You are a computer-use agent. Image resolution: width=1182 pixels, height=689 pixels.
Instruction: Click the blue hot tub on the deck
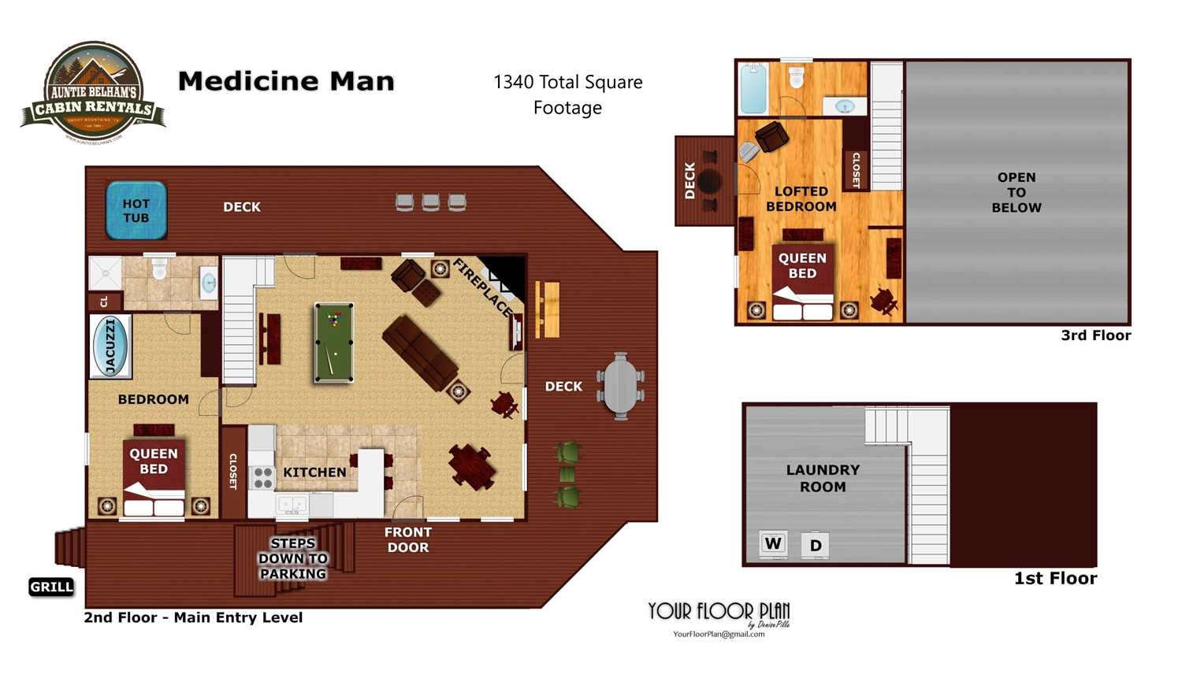[x=136, y=210]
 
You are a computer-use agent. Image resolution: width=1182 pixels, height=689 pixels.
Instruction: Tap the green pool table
[x=334, y=343]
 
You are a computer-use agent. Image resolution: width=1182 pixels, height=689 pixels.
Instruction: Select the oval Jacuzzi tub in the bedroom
[x=110, y=346]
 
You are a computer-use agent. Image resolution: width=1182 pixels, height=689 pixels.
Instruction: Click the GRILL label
[x=51, y=587]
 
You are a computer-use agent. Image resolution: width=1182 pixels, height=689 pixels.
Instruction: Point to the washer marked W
[x=773, y=544]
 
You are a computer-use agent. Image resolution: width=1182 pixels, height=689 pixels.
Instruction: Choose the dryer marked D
[x=816, y=545]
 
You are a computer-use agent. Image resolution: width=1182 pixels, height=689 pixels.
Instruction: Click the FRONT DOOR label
[x=407, y=540]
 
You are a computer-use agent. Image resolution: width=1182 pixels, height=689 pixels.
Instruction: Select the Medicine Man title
[x=286, y=81]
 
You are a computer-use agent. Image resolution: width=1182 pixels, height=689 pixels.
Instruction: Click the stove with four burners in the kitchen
[x=262, y=477]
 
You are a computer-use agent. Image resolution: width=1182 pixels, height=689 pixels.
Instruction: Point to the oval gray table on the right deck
[x=621, y=386]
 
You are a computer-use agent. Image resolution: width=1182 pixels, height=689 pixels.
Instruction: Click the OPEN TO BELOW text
[x=1017, y=193]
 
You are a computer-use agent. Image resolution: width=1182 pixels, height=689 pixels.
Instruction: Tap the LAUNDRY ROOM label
[x=823, y=478]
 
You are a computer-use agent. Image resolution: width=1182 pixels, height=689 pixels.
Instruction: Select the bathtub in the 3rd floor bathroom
[x=753, y=89]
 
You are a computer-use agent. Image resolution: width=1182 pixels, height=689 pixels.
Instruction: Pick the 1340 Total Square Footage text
[x=567, y=94]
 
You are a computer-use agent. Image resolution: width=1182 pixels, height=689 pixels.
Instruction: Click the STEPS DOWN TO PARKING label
[x=293, y=558]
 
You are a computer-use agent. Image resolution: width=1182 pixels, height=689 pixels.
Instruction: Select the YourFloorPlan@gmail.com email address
[x=719, y=634]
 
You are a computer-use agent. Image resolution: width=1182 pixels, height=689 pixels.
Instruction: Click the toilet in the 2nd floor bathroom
[x=160, y=269]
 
